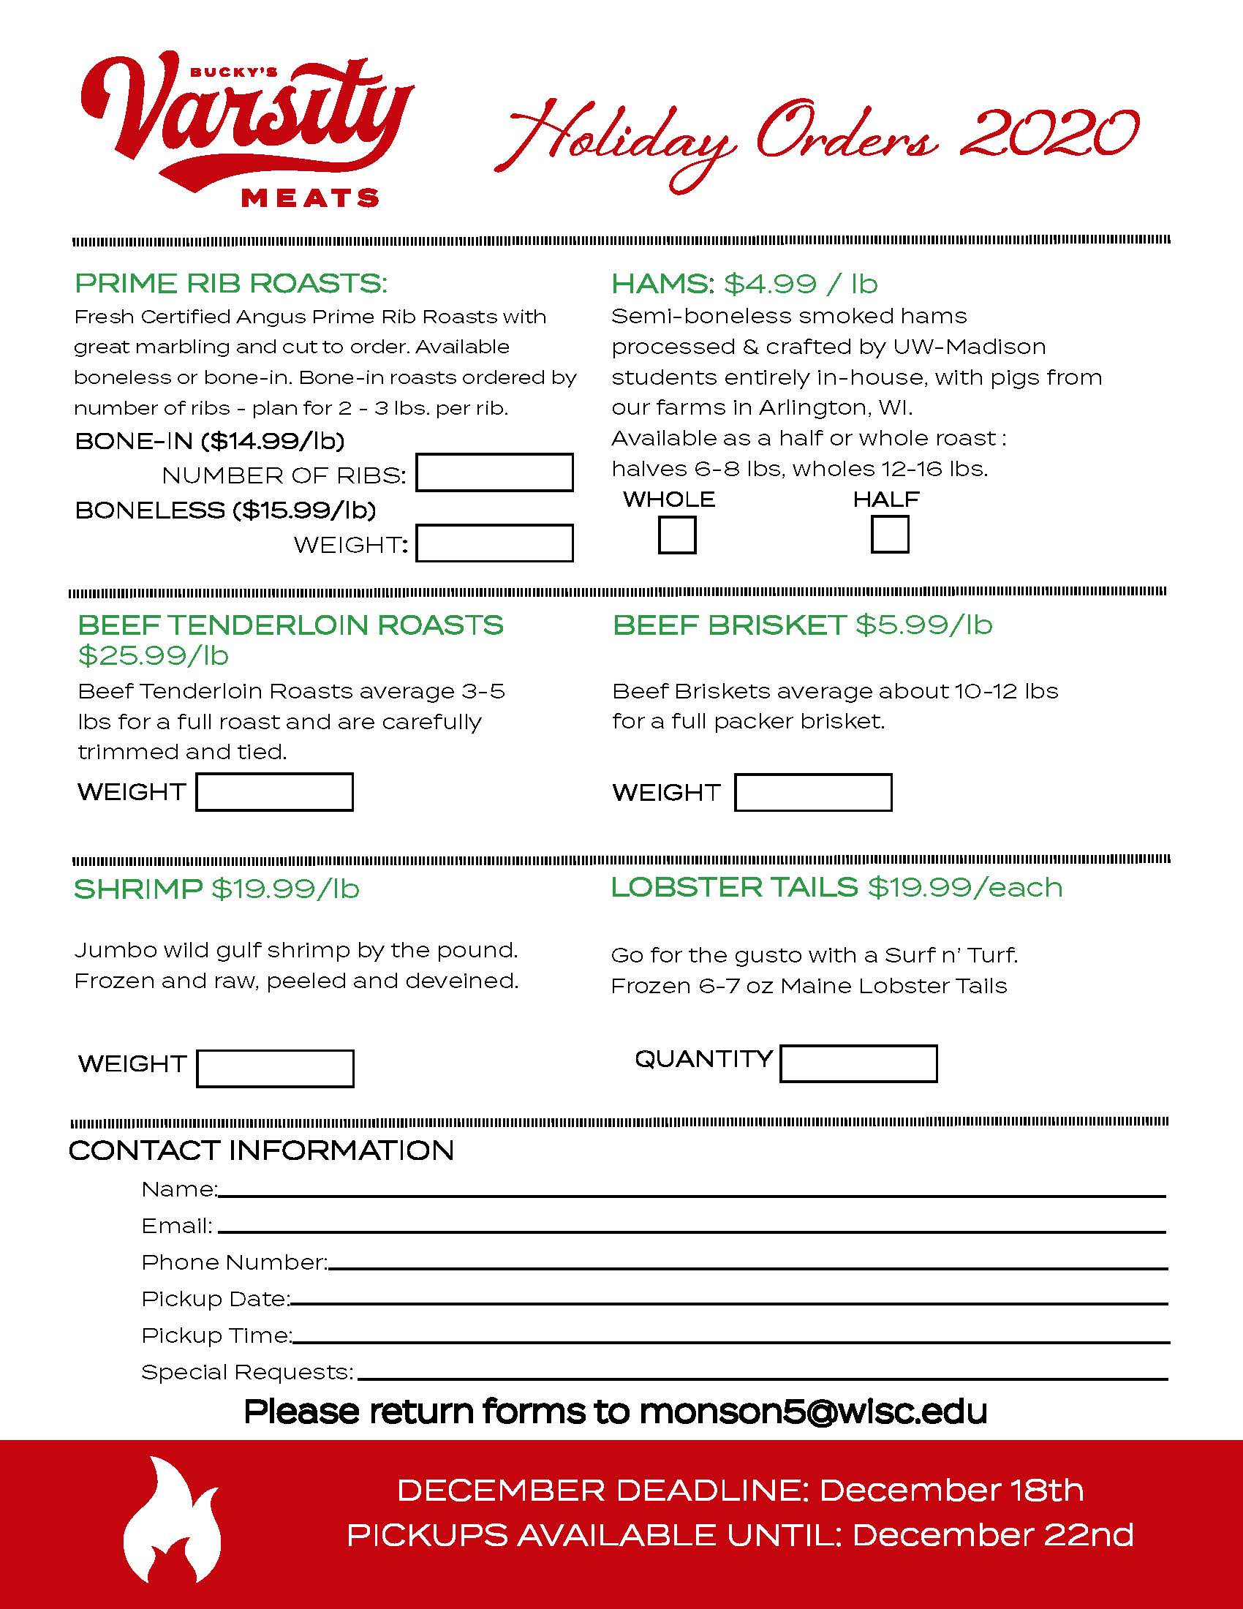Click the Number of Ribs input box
point(494,472)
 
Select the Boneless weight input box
point(494,543)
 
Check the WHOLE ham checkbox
point(677,535)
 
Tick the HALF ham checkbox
point(890,535)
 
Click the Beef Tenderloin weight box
point(274,792)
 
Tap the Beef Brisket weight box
point(813,793)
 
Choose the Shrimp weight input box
point(275,1069)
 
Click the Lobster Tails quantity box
point(858,1064)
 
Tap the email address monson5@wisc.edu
point(813,1412)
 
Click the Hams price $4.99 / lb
point(801,284)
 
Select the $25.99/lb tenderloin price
point(153,655)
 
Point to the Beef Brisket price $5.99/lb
point(923,625)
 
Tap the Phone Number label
point(233,1262)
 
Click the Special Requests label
point(246,1372)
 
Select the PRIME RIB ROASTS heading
point(230,284)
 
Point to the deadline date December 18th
point(951,1491)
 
